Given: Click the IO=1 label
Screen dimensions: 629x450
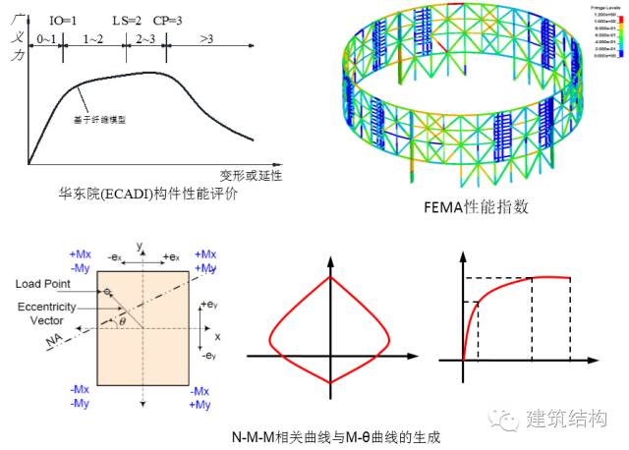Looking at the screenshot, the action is [x=63, y=19].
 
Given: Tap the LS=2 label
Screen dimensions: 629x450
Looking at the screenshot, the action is [x=127, y=19].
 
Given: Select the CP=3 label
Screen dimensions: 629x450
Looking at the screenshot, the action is [x=168, y=19].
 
